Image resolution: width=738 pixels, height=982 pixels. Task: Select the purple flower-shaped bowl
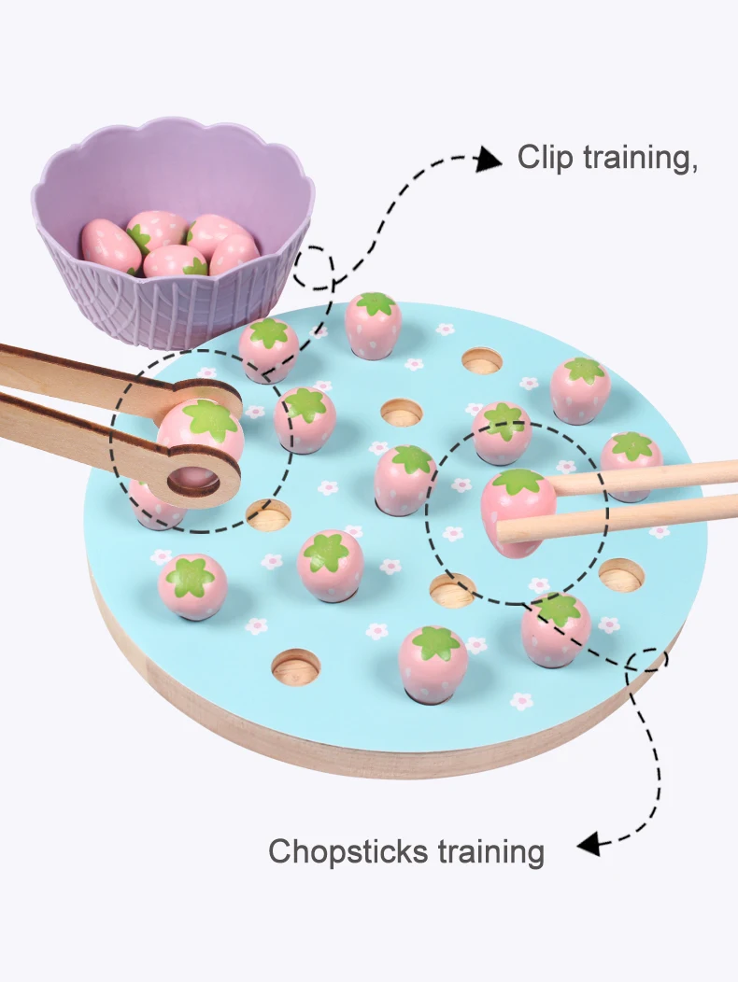[x=173, y=233]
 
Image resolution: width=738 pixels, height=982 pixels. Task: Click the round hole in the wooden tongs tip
[x=195, y=482]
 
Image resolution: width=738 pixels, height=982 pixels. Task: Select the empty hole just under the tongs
[x=268, y=514]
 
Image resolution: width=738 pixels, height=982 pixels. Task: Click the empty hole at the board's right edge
[x=621, y=574]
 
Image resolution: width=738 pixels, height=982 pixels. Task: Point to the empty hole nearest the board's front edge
[x=295, y=665]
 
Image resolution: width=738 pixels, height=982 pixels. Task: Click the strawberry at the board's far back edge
[x=373, y=324]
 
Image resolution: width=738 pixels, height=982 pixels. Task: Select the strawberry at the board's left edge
[x=192, y=585]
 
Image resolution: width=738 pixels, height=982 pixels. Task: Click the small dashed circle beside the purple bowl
[x=315, y=268]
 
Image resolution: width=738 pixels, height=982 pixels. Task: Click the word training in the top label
[x=640, y=158]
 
